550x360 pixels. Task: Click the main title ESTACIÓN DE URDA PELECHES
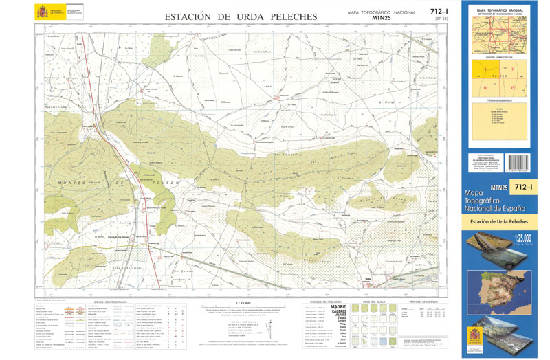241,16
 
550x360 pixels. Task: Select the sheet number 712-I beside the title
439,12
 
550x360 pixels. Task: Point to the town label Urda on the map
368,278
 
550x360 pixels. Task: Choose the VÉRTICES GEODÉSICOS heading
423,302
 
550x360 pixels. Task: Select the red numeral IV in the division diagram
513,88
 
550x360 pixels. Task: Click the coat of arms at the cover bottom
476,336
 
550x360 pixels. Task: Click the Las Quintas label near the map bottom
184,271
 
